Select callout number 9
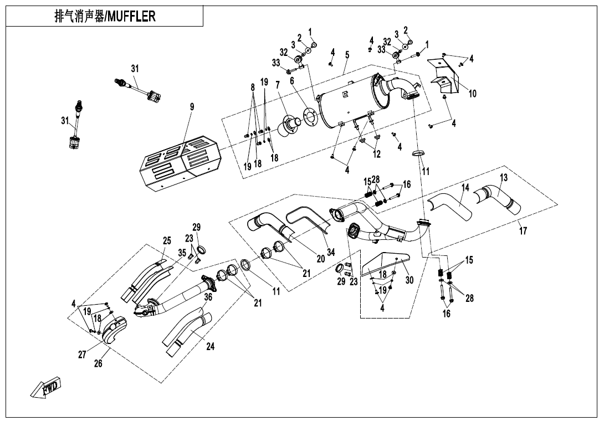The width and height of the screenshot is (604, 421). pyautogui.click(x=192, y=107)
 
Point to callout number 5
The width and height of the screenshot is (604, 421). pyautogui.click(x=347, y=55)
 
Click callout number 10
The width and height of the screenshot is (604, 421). pyautogui.click(x=472, y=94)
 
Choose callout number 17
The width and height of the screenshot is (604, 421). pyautogui.click(x=523, y=232)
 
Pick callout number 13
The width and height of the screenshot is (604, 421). pyautogui.click(x=503, y=178)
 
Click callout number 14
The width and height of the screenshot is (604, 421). pyautogui.click(x=465, y=188)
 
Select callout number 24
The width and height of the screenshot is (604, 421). pyautogui.click(x=210, y=347)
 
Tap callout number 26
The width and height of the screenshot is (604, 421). pyautogui.click(x=98, y=363)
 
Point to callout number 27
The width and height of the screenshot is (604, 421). pyautogui.click(x=82, y=355)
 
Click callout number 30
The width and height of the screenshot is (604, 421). pyautogui.click(x=410, y=280)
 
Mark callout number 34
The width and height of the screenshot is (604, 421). pyautogui.click(x=331, y=252)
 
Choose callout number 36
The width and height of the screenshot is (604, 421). pyautogui.click(x=208, y=297)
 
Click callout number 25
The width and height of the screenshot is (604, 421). pyautogui.click(x=167, y=240)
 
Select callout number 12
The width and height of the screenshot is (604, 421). pyautogui.click(x=377, y=154)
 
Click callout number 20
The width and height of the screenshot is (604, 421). pyautogui.click(x=320, y=258)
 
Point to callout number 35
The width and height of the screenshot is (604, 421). pyautogui.click(x=182, y=252)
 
